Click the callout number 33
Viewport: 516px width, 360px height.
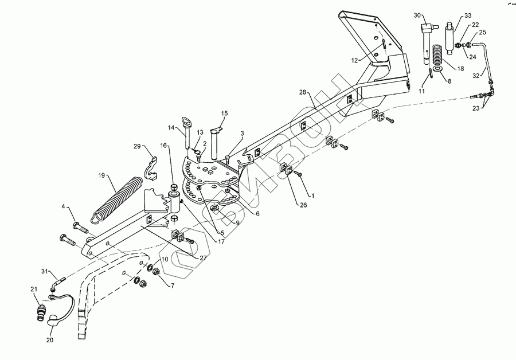coord(468,15)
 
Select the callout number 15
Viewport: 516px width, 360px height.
coord(225,114)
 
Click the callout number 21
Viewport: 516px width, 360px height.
coord(34,289)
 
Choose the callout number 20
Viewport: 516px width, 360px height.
coord(50,339)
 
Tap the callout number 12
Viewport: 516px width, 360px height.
coord(355,59)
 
